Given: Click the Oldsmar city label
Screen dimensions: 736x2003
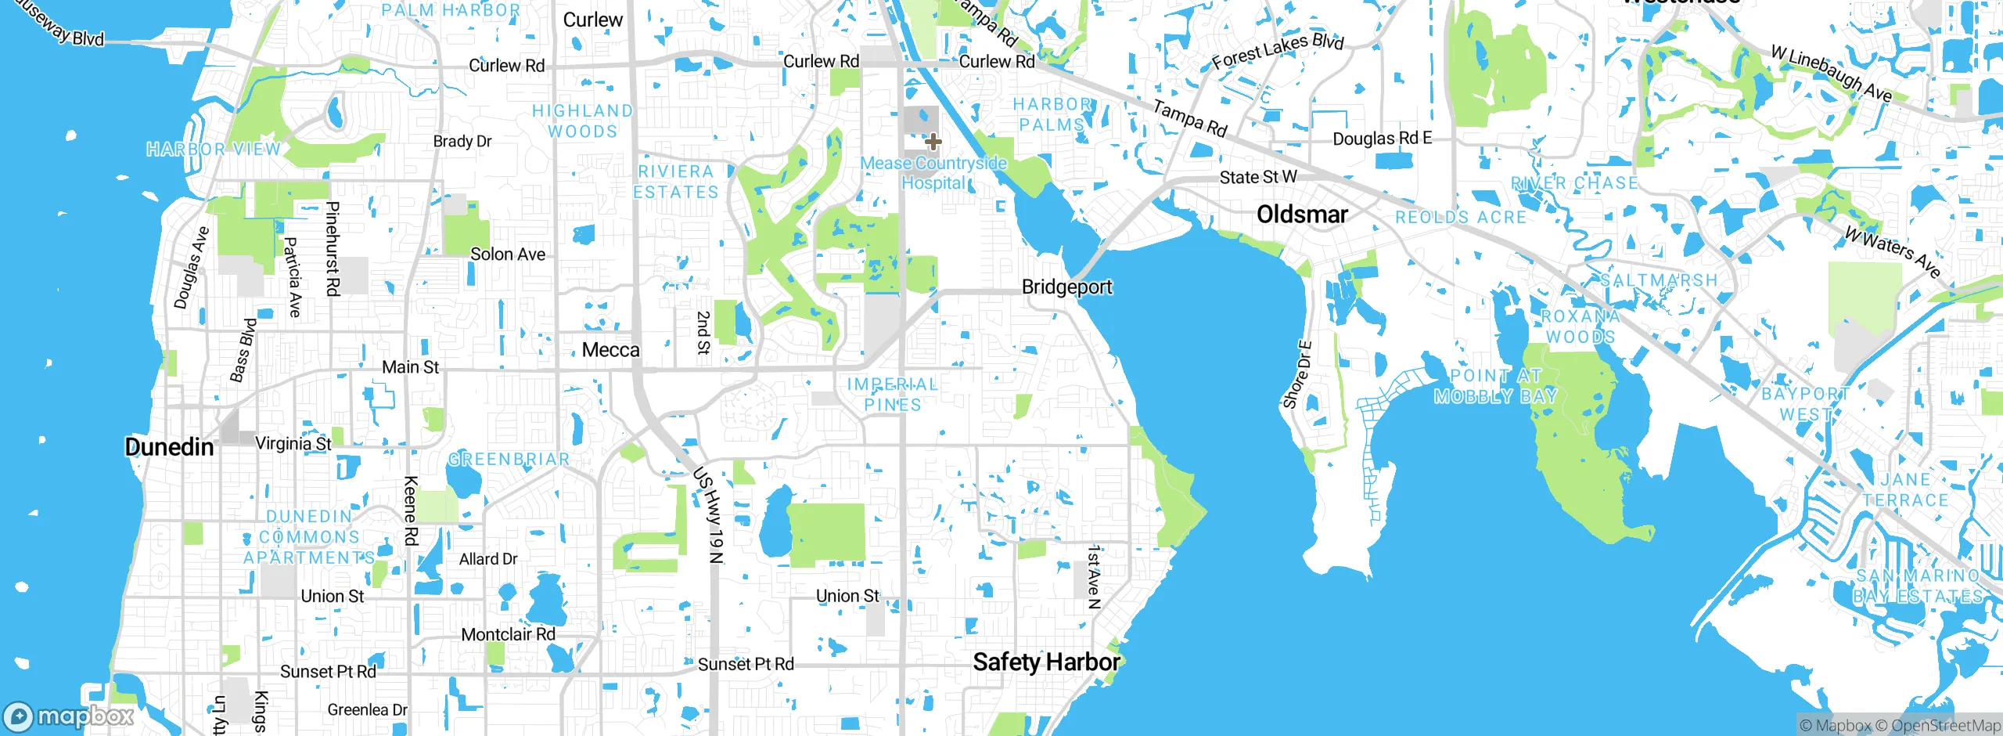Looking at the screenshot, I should point(1302,214).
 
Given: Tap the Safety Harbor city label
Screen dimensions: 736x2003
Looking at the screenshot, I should point(1045,662).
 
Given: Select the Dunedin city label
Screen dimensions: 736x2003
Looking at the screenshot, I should point(169,446).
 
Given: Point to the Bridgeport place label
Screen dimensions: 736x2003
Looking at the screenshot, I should point(1066,287).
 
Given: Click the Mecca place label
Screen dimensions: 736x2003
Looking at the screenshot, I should point(610,350).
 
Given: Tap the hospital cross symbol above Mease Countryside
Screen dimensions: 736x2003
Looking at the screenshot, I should point(933,142).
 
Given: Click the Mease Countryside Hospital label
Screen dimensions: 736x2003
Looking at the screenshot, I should point(933,173).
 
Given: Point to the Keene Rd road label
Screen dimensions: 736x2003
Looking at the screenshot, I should point(411,511).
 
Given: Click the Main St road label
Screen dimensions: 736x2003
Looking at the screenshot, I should point(410,366).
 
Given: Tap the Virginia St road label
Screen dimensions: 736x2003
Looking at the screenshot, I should point(293,443).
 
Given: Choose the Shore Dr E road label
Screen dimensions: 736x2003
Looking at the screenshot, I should point(1296,374).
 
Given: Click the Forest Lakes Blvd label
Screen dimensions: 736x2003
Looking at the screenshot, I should point(1277,51).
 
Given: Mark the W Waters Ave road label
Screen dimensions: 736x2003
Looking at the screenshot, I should point(1892,251).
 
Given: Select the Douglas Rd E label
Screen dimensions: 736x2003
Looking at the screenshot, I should point(1382,139).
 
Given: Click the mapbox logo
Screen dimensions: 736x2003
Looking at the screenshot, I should point(69,716).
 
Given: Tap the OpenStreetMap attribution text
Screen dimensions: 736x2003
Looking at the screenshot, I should point(1945,726).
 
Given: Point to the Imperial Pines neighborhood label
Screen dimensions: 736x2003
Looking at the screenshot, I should point(892,395).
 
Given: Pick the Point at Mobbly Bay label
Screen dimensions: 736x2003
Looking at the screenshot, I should point(1495,386).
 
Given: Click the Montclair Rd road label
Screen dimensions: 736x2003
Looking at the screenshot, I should point(508,634).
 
